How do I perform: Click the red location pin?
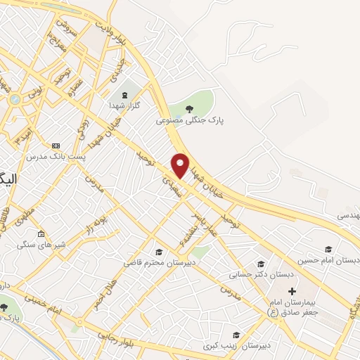click(x=181, y=165)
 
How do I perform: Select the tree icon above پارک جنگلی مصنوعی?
click(x=188, y=108)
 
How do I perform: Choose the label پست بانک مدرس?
click(x=56, y=156)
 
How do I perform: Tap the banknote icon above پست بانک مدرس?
click(x=56, y=145)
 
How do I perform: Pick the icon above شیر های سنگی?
click(x=41, y=234)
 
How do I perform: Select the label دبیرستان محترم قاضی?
click(x=159, y=262)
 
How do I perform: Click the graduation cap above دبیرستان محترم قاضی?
click(x=159, y=252)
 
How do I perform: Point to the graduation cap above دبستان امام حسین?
click(x=328, y=249)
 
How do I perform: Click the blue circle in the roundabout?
click(x=15, y=99)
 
